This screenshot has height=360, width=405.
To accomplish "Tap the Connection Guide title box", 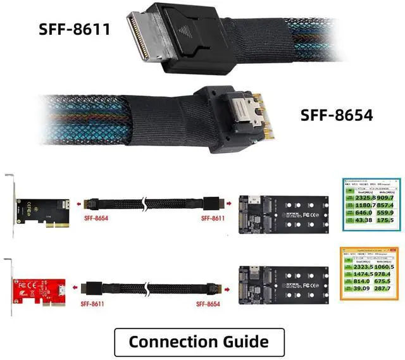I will coord(199,342).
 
